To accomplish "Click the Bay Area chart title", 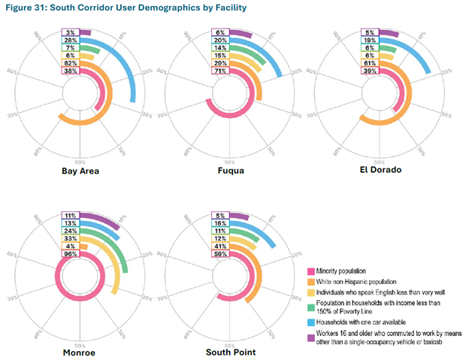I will [x=80, y=171].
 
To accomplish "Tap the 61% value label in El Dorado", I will [x=370, y=64].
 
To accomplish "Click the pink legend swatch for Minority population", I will [x=310, y=270].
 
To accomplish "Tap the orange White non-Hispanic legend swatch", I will [x=310, y=282].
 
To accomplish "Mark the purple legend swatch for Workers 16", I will [x=310, y=333].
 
